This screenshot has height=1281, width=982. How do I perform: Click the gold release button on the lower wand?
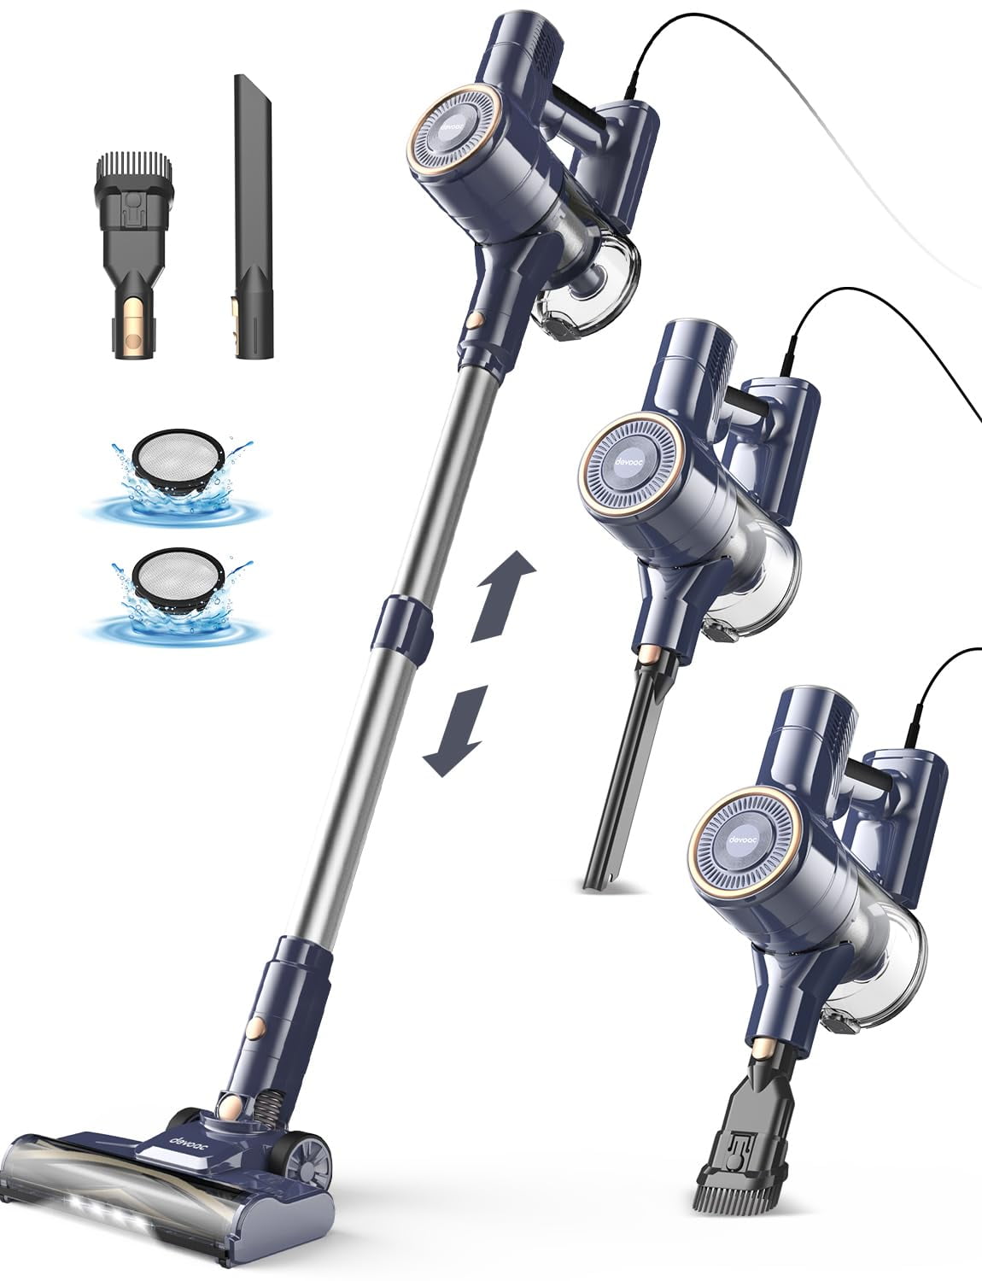click(254, 1021)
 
